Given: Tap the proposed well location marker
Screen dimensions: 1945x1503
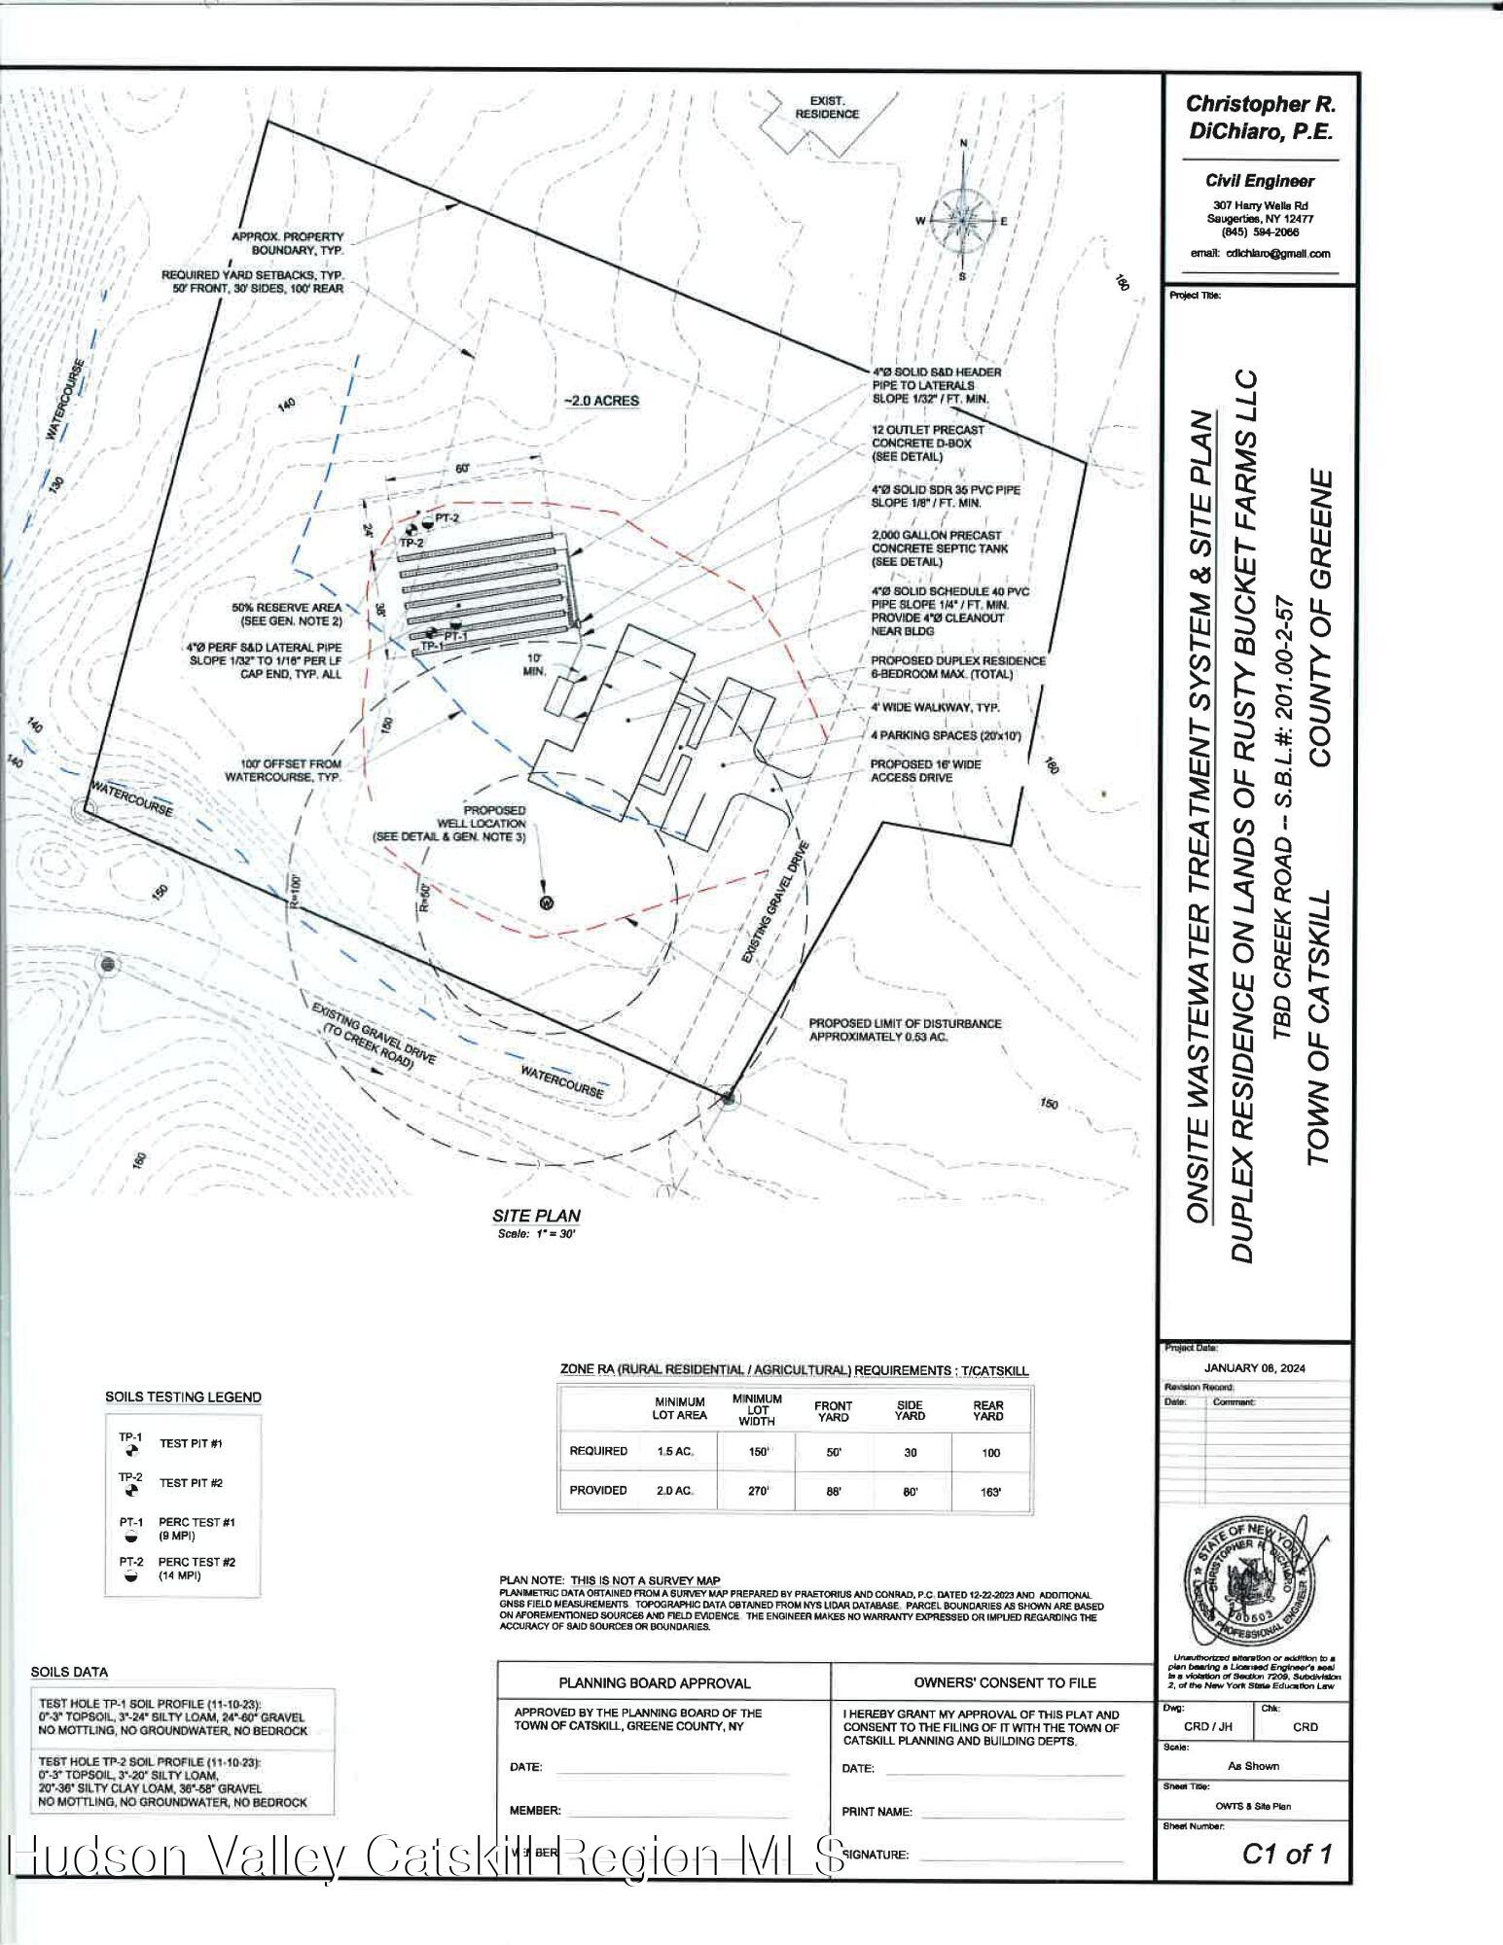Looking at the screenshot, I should click(546, 902).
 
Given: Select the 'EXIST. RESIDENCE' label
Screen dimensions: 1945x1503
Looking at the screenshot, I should click(827, 107).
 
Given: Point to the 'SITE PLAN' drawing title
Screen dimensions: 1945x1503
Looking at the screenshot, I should click(536, 1216).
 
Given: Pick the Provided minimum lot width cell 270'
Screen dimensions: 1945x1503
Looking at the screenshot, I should click(757, 1490).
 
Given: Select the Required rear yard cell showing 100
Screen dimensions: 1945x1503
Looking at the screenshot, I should click(987, 1452).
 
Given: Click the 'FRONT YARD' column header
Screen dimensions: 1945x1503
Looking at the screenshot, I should click(833, 1411).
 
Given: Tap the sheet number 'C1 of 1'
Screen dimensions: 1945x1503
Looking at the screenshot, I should click(1286, 1855).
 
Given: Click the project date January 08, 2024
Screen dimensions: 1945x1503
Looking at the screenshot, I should click(1254, 1368).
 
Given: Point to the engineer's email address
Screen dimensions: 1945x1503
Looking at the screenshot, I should click(1260, 254).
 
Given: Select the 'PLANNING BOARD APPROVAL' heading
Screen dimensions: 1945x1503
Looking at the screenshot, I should click(654, 1682).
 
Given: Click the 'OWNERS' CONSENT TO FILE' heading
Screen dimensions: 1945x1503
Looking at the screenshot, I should click(1004, 1682).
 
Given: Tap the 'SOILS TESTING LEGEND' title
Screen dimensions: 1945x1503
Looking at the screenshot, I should click(183, 1397).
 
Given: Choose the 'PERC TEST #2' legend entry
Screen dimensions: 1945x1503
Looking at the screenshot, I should click(197, 1562).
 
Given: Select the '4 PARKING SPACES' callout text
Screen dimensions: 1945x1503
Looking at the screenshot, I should click(946, 736).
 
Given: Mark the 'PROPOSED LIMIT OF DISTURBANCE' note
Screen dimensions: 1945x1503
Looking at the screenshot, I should click(905, 1030).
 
